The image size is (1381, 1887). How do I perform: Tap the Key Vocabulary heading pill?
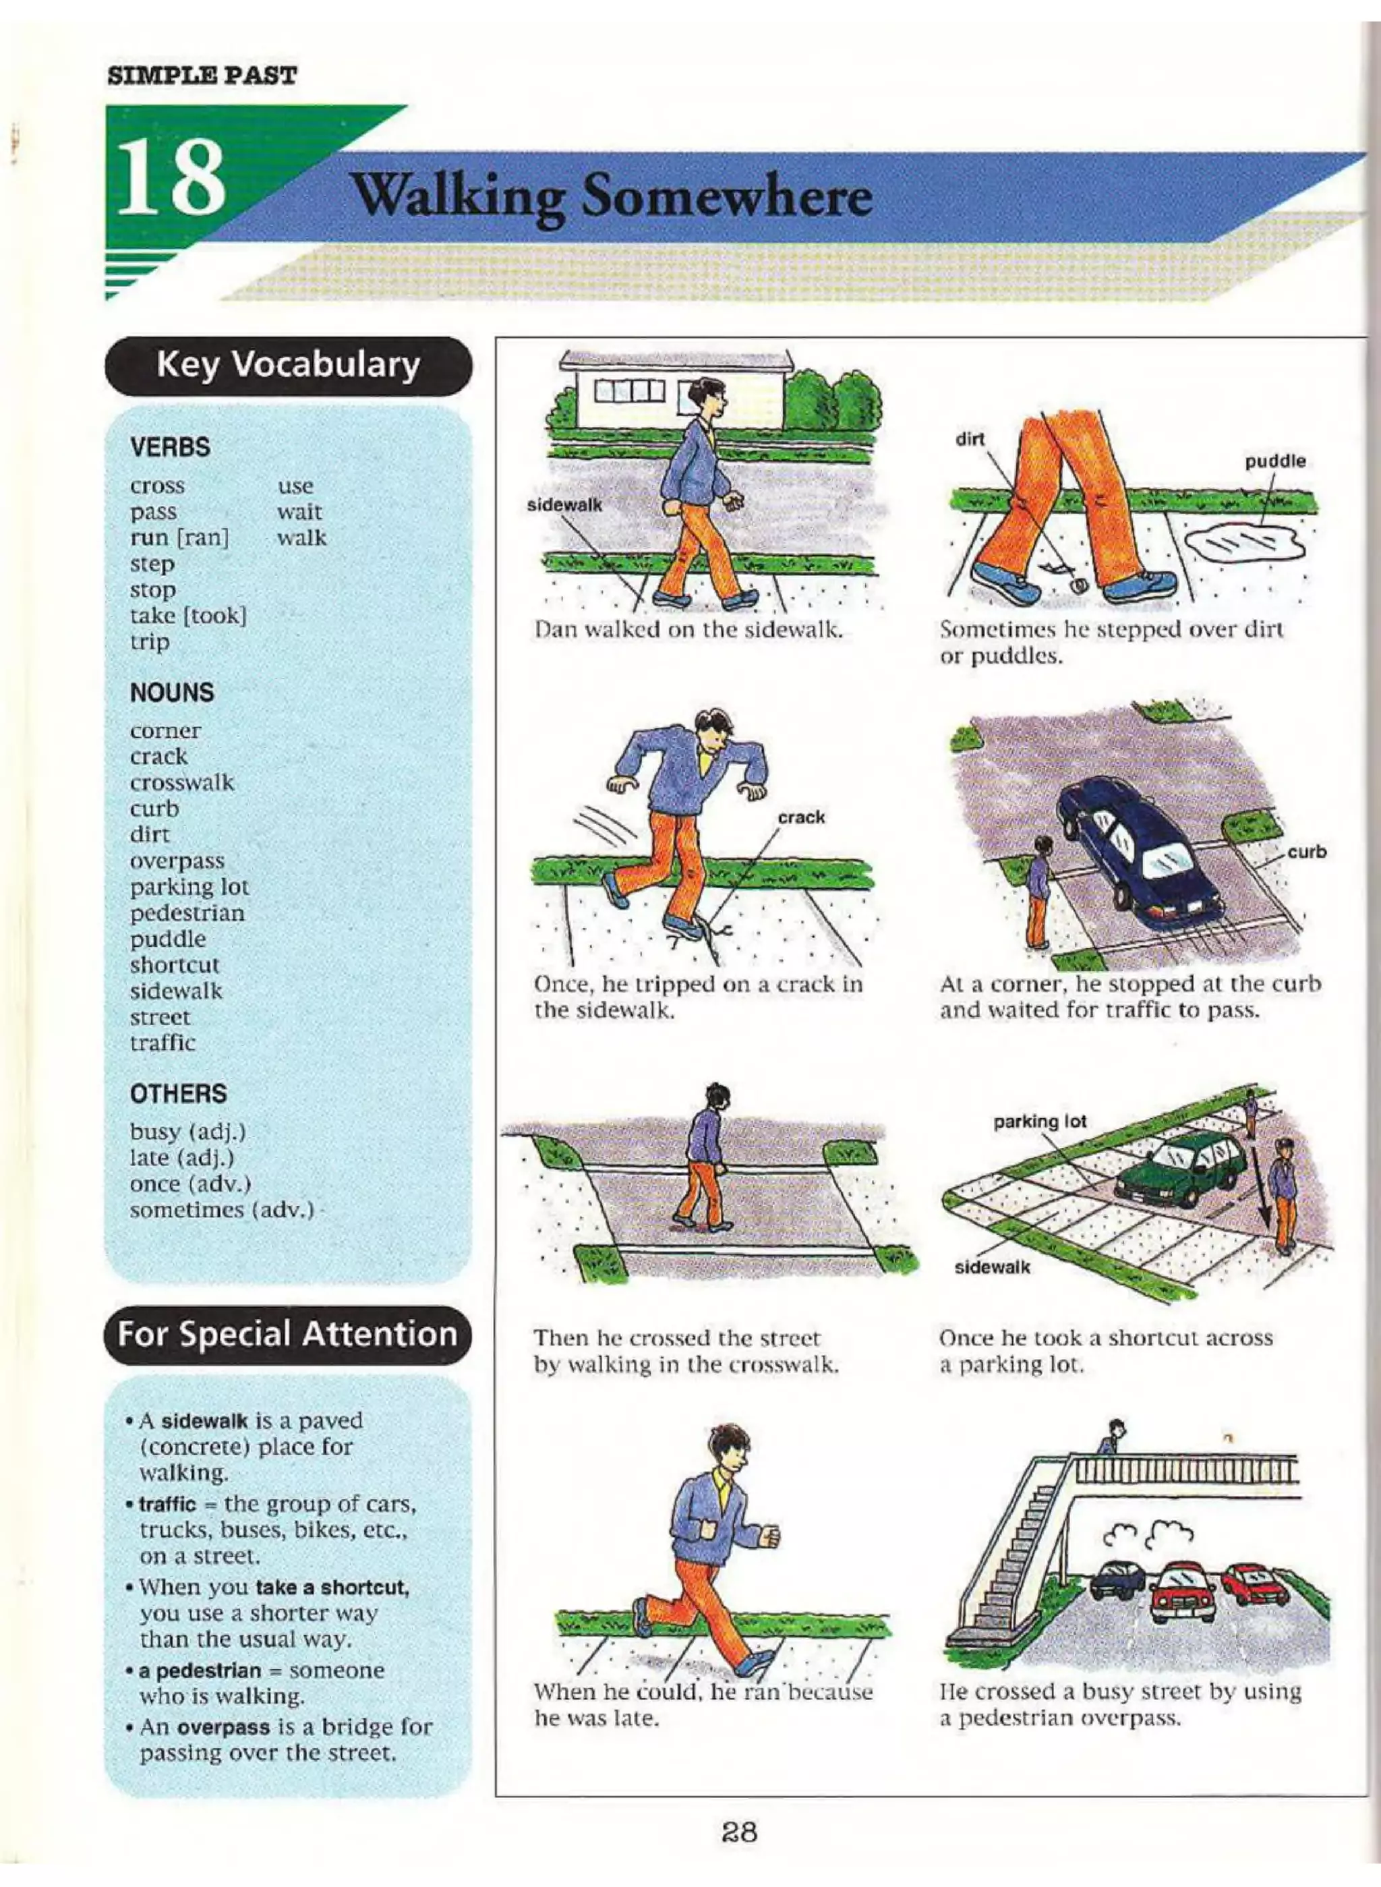click(x=289, y=366)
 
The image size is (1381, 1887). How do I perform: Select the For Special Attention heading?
click(x=287, y=1333)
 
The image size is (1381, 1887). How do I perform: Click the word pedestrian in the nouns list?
click(x=187, y=913)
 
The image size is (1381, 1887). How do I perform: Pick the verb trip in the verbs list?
click(x=150, y=642)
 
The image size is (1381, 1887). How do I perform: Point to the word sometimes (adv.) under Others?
click(x=223, y=1210)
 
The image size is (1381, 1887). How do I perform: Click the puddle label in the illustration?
click(x=1275, y=461)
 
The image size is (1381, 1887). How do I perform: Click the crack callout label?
click(x=801, y=817)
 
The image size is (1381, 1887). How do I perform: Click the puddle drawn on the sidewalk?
click(x=1243, y=545)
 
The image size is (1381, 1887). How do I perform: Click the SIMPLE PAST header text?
click(x=202, y=76)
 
